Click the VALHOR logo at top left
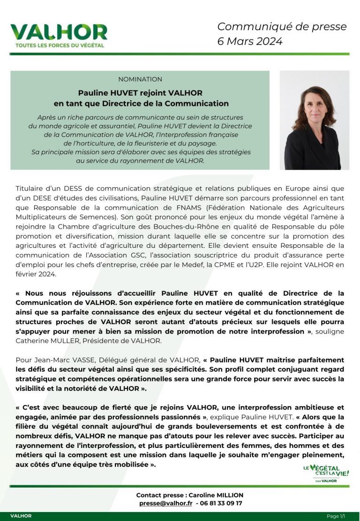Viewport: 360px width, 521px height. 59,32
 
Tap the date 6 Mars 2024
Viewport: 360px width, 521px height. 250,41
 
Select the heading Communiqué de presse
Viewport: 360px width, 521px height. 282,27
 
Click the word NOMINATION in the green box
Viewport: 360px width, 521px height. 140,79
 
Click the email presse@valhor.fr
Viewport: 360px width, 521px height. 165,503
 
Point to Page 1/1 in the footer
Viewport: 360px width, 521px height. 336,516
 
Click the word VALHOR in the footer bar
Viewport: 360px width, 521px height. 21,516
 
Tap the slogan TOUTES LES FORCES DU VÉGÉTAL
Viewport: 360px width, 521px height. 60,45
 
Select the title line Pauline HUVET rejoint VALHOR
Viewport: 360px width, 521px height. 140,93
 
